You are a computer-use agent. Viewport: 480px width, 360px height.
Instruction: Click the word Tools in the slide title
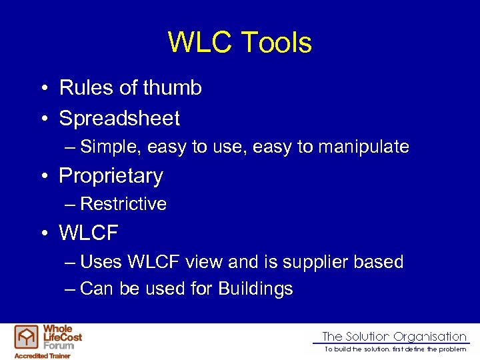point(276,43)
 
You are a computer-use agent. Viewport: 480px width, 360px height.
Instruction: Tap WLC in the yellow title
point(200,43)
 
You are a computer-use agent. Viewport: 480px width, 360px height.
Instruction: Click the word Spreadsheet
point(119,119)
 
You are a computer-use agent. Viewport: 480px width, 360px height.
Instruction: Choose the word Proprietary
point(111,176)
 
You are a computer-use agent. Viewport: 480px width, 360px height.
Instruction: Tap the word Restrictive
point(123,204)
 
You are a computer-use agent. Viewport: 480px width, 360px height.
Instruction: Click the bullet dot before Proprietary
point(42,176)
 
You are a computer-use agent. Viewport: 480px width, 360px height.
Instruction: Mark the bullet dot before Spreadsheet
point(42,119)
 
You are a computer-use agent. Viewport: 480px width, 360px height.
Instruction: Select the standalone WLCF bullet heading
point(89,233)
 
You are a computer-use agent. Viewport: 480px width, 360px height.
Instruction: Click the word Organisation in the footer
point(430,337)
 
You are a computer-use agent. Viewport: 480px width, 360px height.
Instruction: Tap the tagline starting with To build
point(395,349)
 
